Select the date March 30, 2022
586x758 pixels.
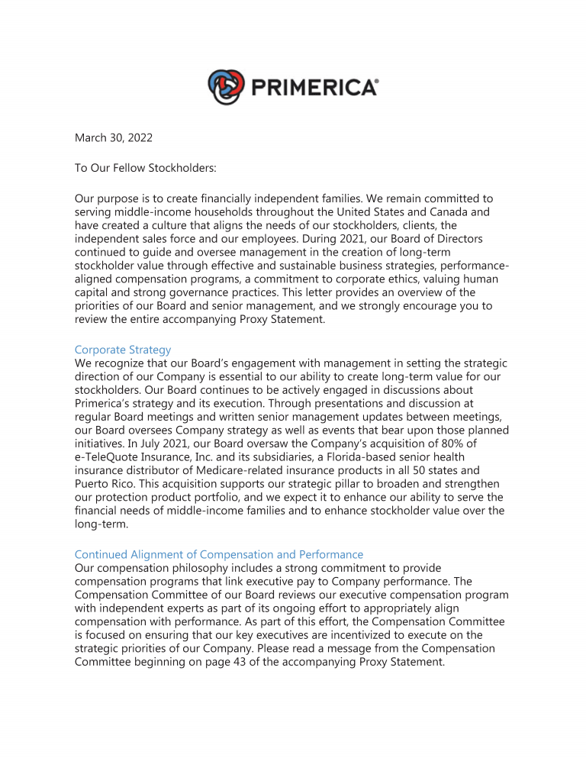[x=113, y=138]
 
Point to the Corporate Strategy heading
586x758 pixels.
[x=123, y=350]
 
